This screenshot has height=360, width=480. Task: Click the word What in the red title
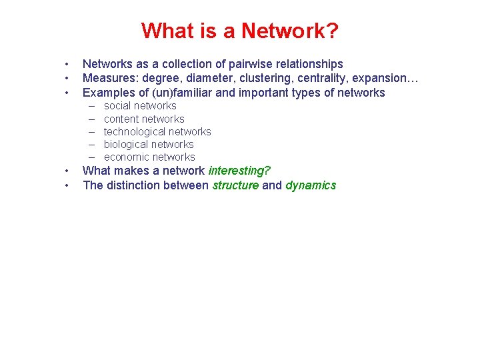(x=165, y=31)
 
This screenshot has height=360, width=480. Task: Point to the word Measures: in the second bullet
(x=109, y=79)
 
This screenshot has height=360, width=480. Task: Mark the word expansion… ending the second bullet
(x=387, y=79)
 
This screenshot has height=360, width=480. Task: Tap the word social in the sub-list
(x=117, y=106)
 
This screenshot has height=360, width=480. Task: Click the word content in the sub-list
(x=121, y=119)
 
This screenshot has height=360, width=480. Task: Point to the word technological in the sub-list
(x=133, y=132)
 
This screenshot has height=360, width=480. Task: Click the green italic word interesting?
(x=239, y=171)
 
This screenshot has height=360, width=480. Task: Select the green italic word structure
(x=235, y=185)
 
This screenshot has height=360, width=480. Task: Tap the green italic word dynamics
(x=311, y=185)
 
